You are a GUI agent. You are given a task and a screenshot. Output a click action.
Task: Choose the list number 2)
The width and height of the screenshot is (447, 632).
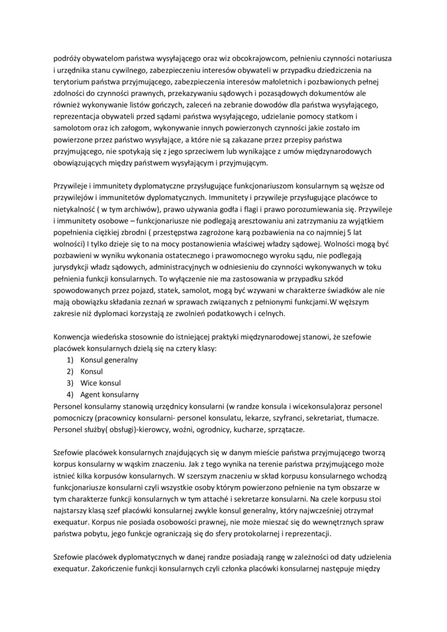[x=69, y=372]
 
